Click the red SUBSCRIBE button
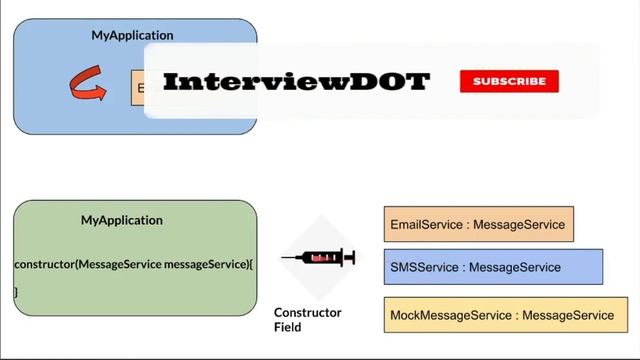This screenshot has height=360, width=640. click(509, 81)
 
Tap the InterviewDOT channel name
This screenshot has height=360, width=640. click(296, 82)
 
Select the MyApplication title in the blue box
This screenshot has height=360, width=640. click(132, 35)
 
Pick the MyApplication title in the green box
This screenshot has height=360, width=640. click(122, 220)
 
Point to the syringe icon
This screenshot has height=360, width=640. click(318, 258)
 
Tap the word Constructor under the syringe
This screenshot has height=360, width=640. click(307, 312)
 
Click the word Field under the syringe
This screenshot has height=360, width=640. click(288, 327)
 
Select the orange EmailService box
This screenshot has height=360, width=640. click(478, 225)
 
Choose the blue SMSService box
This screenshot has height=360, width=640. click(492, 267)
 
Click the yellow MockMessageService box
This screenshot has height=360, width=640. click(505, 315)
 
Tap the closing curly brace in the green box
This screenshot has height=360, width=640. click(16, 291)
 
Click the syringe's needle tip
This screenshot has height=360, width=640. click(284, 259)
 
